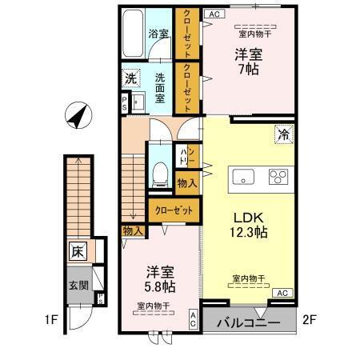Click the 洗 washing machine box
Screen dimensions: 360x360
click(130, 79)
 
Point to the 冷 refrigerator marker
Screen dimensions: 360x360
click(284, 134)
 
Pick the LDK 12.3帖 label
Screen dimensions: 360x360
click(250, 224)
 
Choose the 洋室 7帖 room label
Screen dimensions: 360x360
click(246, 62)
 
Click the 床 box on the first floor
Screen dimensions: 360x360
click(78, 251)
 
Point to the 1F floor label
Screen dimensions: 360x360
click(52, 323)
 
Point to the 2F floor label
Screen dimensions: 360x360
click(311, 323)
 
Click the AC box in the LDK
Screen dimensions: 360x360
click(281, 294)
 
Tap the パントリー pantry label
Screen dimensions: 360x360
click(183, 156)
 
